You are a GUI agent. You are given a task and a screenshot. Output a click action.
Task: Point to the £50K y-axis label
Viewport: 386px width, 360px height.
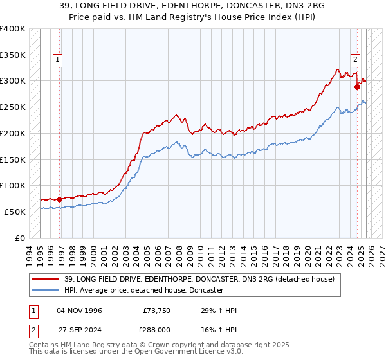(x=14, y=212)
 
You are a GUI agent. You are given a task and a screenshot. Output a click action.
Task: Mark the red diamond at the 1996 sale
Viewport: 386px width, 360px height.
(x=59, y=199)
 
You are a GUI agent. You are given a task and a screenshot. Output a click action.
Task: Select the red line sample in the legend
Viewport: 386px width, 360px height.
(x=47, y=279)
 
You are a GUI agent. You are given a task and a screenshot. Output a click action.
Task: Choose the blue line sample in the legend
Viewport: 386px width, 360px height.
(x=47, y=291)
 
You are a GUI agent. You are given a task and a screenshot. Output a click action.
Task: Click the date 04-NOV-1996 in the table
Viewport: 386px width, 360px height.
(x=79, y=310)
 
